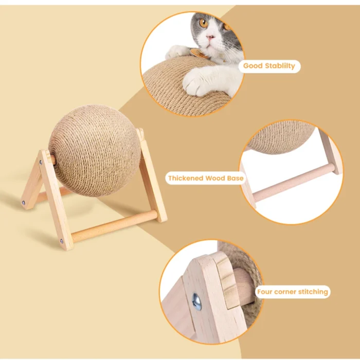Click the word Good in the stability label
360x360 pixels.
(253, 66)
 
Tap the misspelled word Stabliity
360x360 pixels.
(280, 66)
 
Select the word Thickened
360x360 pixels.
(186, 178)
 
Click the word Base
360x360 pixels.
(236, 178)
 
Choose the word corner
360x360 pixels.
(284, 292)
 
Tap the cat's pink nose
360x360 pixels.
(210, 37)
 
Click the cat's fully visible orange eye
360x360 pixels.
(204, 23)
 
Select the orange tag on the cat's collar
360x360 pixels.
(197, 53)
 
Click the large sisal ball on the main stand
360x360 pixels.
(95, 151)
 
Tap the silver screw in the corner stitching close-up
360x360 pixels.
(197, 302)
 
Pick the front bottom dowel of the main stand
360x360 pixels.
(115, 226)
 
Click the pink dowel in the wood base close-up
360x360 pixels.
(294, 182)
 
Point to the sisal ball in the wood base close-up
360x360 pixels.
(281, 137)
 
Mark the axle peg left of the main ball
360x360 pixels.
(52, 160)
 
